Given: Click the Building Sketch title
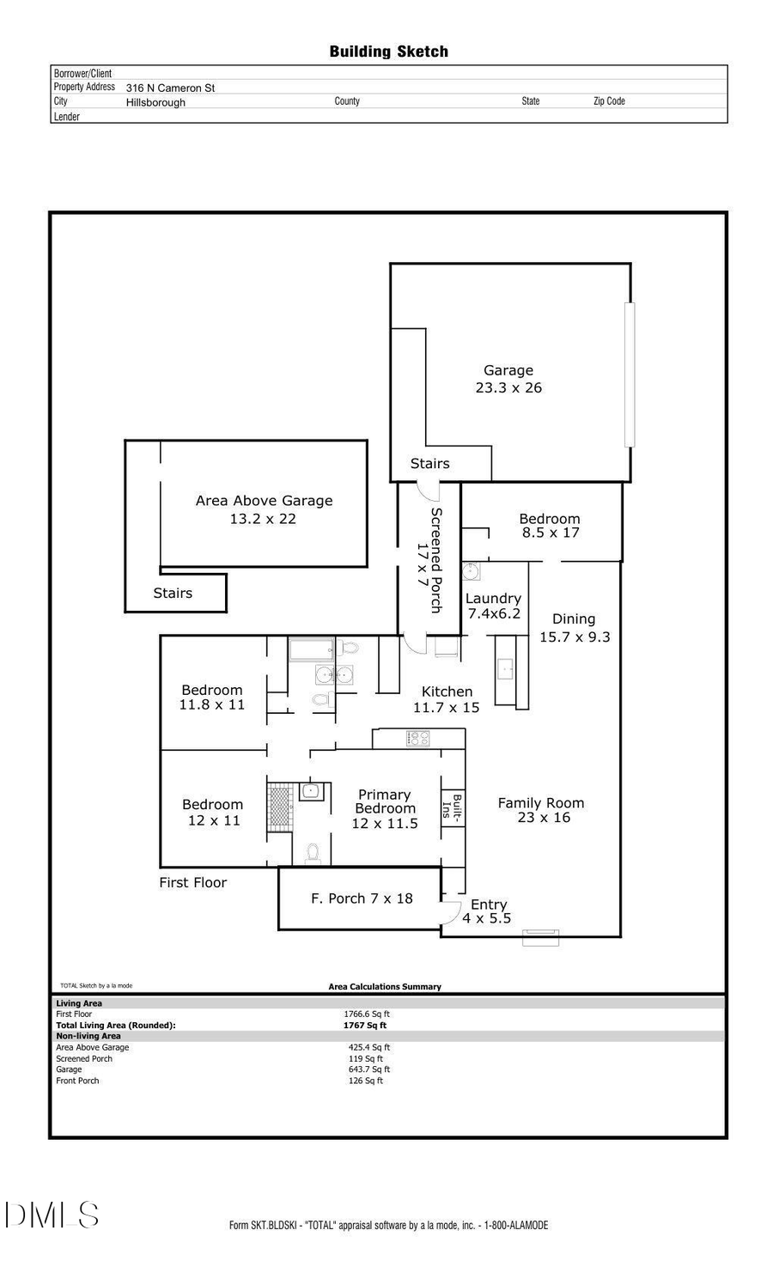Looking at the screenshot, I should (x=388, y=52).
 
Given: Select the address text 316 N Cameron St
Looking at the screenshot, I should (x=170, y=88).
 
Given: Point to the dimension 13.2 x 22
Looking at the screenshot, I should (x=263, y=519).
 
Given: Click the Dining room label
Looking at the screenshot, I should (x=573, y=618).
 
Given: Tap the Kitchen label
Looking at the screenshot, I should (x=447, y=691).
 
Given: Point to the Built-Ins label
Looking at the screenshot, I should (x=453, y=808).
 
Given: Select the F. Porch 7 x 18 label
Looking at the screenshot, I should (x=362, y=898).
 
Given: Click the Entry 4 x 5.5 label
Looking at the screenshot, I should (x=488, y=911).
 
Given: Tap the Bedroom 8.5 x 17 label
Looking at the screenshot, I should (x=550, y=525).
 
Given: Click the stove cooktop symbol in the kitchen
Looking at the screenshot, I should (x=418, y=738).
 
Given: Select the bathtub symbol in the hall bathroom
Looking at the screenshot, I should (x=311, y=649).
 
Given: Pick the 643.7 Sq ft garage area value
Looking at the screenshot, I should (x=369, y=1069).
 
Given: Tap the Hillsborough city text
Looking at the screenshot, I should (x=155, y=102).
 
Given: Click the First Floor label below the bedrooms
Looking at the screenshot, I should (x=192, y=882).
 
